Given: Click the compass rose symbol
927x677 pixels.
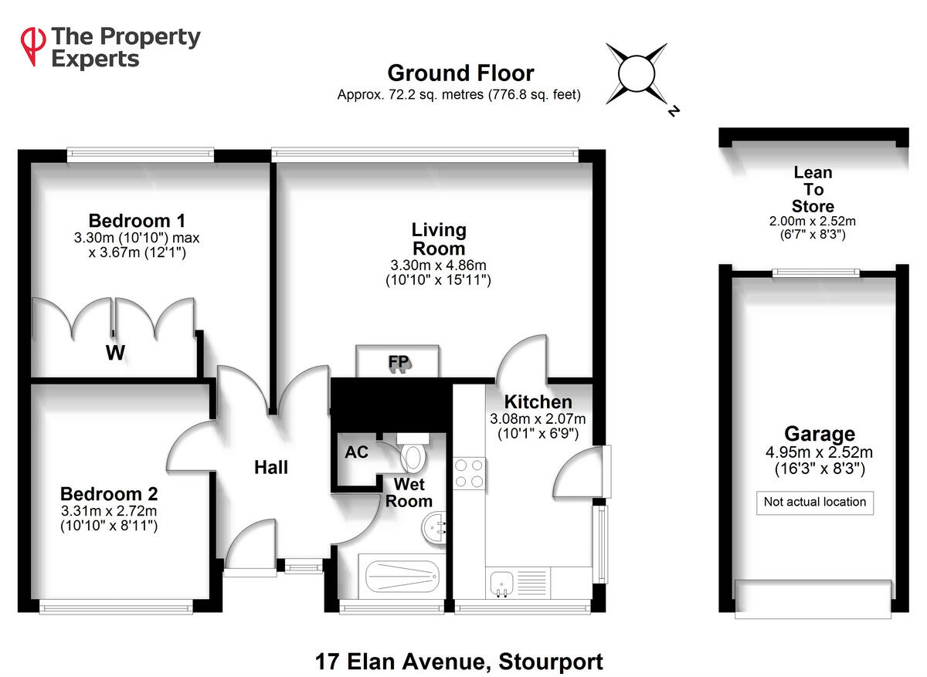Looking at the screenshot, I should [638, 75].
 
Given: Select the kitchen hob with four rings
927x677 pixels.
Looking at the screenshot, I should [470, 472].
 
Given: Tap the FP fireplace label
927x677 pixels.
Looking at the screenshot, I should [399, 362].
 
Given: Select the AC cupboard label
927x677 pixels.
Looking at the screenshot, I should [357, 452].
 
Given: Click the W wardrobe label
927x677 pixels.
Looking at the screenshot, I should [116, 354].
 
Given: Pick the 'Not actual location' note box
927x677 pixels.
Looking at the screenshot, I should [815, 502].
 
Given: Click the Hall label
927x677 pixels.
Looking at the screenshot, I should [271, 467].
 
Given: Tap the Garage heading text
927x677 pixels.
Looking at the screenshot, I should [819, 434].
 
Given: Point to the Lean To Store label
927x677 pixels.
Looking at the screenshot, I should [813, 190].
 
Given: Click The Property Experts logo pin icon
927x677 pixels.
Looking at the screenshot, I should [32, 46].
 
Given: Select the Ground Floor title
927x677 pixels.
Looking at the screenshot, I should [460, 73].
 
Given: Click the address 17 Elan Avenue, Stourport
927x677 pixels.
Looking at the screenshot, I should [459, 662].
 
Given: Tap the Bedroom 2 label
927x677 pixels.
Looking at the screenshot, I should [109, 493].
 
